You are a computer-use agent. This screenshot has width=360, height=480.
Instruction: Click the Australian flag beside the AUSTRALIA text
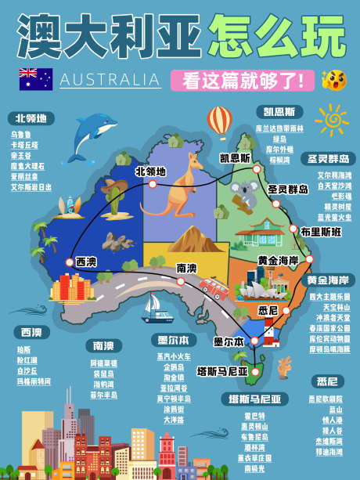click(x=36, y=79)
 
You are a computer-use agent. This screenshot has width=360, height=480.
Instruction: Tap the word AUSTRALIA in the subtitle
click(x=110, y=80)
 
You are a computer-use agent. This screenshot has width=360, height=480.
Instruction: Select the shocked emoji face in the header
click(x=333, y=79)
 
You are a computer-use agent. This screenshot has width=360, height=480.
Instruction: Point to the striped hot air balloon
click(x=219, y=121)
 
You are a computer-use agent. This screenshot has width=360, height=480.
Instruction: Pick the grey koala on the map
click(x=249, y=195)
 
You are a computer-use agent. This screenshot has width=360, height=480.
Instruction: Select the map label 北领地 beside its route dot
click(x=150, y=171)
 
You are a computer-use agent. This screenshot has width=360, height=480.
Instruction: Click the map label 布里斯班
click(x=321, y=232)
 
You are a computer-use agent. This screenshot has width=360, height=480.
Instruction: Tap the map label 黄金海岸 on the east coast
click(x=279, y=259)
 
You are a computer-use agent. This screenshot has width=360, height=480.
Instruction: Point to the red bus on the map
click(x=212, y=288)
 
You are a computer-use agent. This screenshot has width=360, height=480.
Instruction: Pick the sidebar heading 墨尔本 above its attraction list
click(x=172, y=341)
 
